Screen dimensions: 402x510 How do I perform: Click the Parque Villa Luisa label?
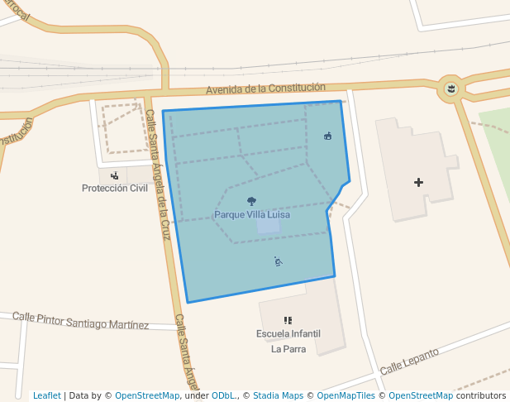tap(252, 214)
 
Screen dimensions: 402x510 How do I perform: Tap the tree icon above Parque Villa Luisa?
tap(251, 201)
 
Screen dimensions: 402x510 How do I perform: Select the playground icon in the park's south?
tap(279, 261)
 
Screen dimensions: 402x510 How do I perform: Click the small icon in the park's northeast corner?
tap(328, 136)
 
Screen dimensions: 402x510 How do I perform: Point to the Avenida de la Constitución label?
tap(265, 88)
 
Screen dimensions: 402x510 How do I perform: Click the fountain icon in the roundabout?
tap(451, 88)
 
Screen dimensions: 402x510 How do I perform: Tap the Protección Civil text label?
tap(114, 188)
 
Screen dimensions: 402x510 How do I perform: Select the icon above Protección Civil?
tap(114, 175)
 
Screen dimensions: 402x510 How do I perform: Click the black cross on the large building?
tap(419, 182)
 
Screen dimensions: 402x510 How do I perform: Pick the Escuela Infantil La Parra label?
tap(288, 341)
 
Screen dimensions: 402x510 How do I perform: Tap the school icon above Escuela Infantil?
tap(288, 320)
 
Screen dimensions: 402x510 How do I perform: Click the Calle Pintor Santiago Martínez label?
tap(81, 320)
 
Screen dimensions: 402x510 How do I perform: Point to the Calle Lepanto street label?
tap(409, 361)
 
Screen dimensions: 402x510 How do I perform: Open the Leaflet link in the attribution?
tap(46, 396)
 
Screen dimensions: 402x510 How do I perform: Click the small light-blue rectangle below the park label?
tap(268, 225)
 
